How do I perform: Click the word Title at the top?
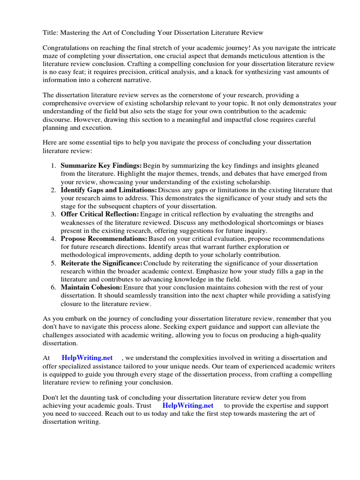(50, 32)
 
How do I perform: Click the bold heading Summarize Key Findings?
(101, 165)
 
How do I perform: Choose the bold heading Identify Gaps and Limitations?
(109, 190)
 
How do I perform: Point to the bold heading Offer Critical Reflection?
(99, 214)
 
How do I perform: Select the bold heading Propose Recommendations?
(104, 239)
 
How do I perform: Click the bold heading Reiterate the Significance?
(101, 263)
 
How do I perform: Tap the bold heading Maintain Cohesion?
(91, 287)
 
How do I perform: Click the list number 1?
(53, 165)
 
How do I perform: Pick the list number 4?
(53, 239)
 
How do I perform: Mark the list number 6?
(53, 287)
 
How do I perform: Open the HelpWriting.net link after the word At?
(87, 358)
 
